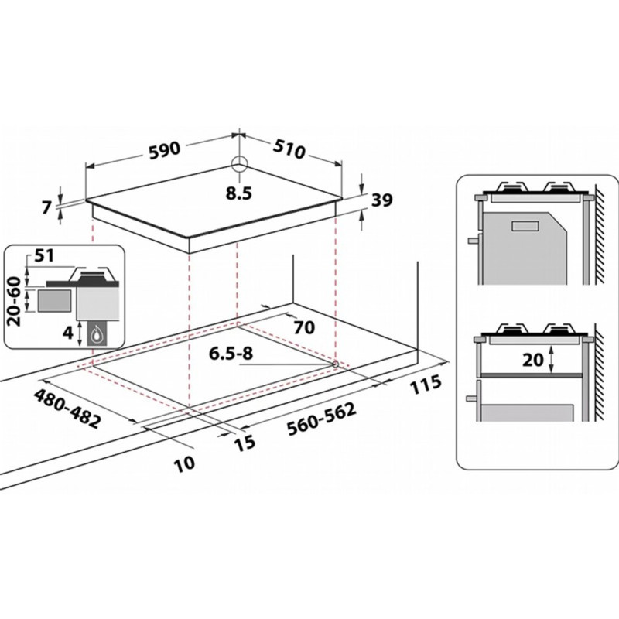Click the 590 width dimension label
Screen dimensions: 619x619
pyautogui.click(x=165, y=149)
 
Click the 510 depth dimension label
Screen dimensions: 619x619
pyautogui.click(x=289, y=149)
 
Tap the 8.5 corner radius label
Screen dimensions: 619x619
pyautogui.click(x=238, y=193)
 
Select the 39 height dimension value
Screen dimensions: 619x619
pyautogui.click(x=382, y=200)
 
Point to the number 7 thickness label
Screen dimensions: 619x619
pyautogui.click(x=46, y=207)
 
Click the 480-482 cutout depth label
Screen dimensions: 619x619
pyautogui.click(x=67, y=409)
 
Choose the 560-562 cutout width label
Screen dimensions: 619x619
pyautogui.click(x=321, y=419)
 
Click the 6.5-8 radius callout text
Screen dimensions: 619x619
pyautogui.click(x=231, y=354)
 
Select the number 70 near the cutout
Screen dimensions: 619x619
pyautogui.click(x=304, y=327)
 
